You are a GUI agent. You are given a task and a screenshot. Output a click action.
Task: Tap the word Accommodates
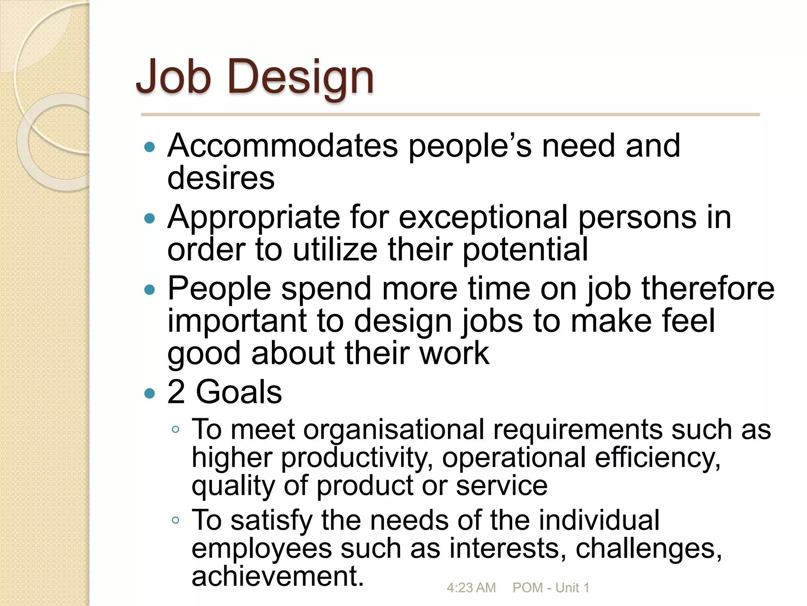283,146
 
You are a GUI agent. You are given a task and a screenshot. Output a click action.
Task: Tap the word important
237,321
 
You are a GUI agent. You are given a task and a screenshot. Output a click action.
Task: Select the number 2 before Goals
176,392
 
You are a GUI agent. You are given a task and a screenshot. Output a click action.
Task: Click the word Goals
239,392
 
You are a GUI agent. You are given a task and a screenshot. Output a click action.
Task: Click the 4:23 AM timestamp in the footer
471,588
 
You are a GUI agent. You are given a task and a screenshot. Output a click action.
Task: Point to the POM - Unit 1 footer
550,588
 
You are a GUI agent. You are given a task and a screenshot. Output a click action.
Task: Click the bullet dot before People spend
150,290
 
